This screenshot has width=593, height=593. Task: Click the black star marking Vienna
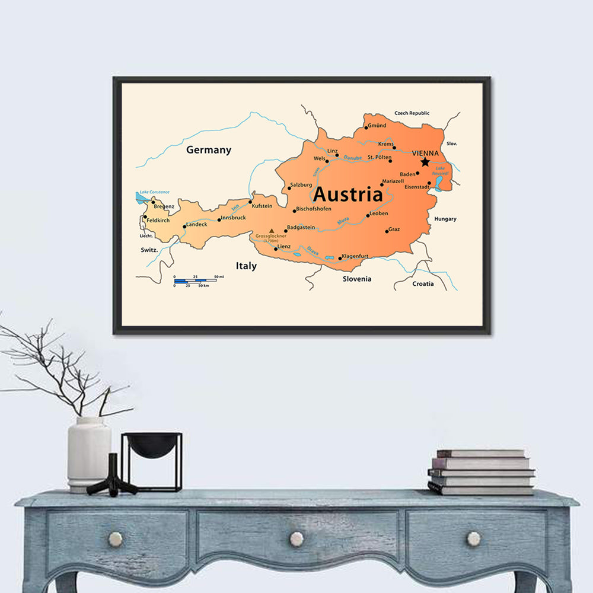(x=425, y=162)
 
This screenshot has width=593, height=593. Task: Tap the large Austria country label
(x=347, y=195)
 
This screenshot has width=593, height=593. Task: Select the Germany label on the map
(x=209, y=150)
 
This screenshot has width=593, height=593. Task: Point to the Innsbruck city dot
(x=219, y=220)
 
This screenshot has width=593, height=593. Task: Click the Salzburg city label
(x=301, y=185)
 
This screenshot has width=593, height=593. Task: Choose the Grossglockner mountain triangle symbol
(x=272, y=231)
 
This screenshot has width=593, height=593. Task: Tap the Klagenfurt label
(x=356, y=256)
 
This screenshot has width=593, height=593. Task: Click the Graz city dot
(x=387, y=231)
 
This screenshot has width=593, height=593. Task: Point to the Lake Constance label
(x=154, y=192)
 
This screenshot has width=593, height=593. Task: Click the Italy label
(x=246, y=266)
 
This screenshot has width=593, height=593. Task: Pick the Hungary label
(x=445, y=219)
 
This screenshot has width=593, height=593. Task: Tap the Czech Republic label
(x=412, y=113)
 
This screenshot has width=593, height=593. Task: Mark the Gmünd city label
(x=377, y=126)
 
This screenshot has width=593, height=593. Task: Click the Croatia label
(x=423, y=283)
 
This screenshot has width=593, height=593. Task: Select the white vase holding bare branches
(x=89, y=454)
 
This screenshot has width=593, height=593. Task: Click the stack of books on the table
(x=481, y=473)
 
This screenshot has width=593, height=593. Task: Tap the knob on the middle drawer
(x=296, y=539)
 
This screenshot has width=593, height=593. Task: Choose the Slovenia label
(x=357, y=279)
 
